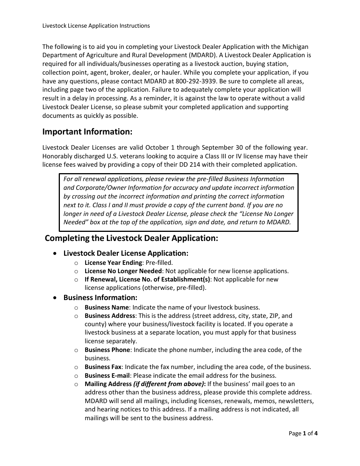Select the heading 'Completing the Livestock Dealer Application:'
131,238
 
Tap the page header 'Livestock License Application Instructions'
96,26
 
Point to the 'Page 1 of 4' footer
303,433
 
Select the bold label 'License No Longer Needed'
123,271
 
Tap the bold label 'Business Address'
110,316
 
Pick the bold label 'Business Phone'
107,350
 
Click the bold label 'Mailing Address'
108,384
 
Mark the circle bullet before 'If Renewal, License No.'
76,280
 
